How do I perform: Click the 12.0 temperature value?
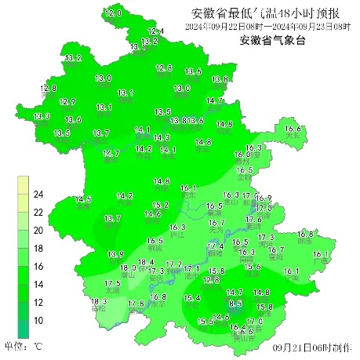(115, 14)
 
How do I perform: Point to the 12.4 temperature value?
(156, 31)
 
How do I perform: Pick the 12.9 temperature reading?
(67, 102)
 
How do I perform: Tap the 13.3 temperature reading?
(42, 117)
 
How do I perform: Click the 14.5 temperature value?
(83, 200)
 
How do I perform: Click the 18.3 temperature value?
(99, 302)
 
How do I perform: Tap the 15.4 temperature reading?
(192, 298)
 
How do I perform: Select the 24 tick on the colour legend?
(37, 195)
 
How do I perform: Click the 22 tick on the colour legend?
(37, 213)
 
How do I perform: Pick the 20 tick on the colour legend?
(37, 231)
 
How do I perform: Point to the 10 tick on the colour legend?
(37, 322)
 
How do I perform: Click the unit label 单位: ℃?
(23, 345)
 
